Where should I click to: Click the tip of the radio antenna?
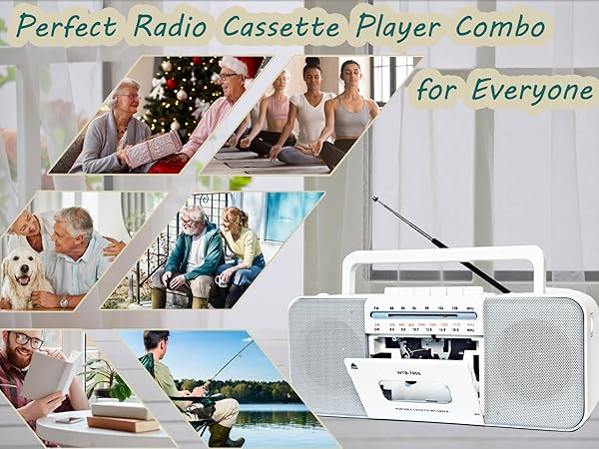[x=374, y=199]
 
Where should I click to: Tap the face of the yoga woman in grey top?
[x=348, y=73]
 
